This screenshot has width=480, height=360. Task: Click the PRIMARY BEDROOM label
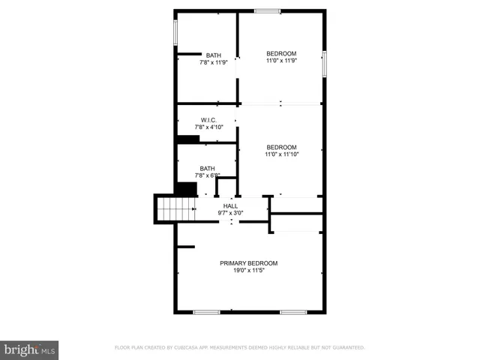click(x=248, y=263)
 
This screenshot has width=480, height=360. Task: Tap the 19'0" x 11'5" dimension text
click(x=248, y=271)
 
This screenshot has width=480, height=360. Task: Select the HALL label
click(x=230, y=205)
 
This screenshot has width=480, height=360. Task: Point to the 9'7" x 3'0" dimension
click(x=230, y=213)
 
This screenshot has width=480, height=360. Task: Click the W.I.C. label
click(x=208, y=120)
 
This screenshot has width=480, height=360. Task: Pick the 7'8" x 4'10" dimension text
click(x=208, y=127)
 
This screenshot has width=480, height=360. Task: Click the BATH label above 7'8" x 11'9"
click(x=214, y=55)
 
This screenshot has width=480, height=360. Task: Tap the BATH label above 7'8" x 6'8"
click(x=207, y=168)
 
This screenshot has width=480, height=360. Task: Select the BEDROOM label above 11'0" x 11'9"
click(x=281, y=53)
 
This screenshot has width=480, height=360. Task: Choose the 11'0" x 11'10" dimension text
click(x=281, y=154)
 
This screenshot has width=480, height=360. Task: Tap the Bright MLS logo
click(x=30, y=349)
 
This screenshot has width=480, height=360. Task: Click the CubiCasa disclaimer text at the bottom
click(x=239, y=348)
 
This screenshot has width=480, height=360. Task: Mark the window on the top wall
click(x=267, y=10)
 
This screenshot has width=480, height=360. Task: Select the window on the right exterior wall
click(x=324, y=64)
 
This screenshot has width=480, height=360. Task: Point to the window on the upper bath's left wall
click(x=175, y=32)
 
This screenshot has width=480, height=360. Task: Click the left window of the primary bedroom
click(x=206, y=311)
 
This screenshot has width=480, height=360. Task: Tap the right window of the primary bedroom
click(x=293, y=311)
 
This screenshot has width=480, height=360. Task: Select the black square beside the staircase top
click(x=185, y=188)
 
